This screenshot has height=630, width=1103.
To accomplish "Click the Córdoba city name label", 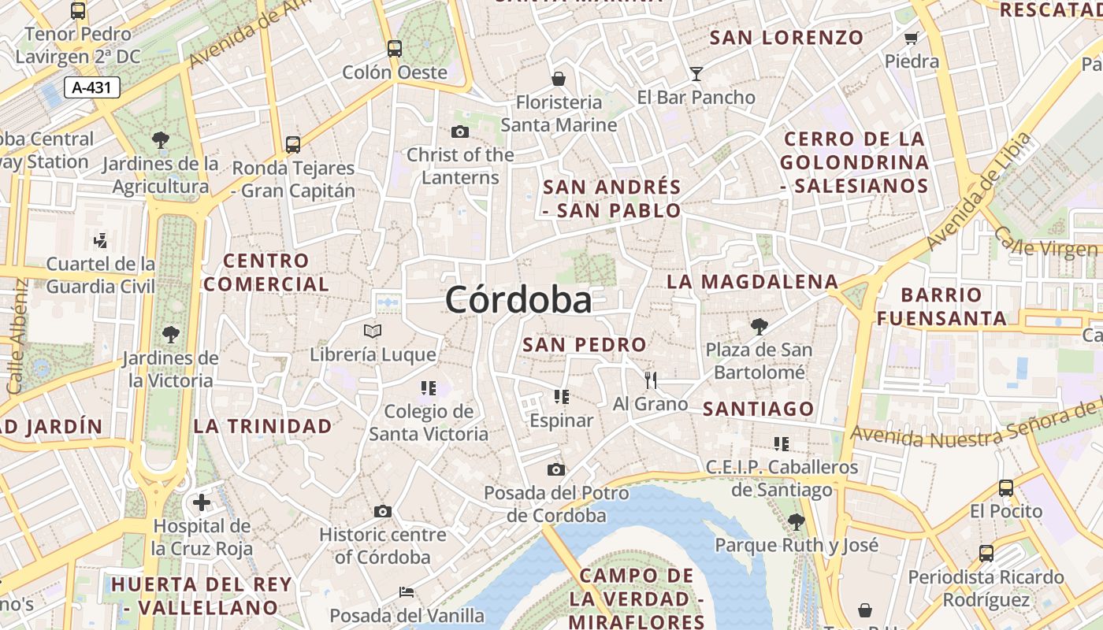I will (x=518, y=300).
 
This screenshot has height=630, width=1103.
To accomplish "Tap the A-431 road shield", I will (x=91, y=87).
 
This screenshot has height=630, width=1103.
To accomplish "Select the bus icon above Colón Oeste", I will (x=395, y=49).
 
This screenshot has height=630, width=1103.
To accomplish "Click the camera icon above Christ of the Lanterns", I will (x=460, y=132).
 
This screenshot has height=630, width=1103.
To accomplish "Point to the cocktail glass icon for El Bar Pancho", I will (x=696, y=74).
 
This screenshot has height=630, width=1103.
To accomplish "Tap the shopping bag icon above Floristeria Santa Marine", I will (x=559, y=79).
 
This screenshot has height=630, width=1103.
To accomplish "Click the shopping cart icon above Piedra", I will (x=912, y=38).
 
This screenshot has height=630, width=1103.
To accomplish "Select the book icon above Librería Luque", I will (x=373, y=332).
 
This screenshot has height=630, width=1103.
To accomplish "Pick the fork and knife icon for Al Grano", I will (x=651, y=380).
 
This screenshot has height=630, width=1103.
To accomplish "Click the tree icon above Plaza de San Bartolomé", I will (x=759, y=326).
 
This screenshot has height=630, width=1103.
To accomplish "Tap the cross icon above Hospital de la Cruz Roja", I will (x=202, y=502).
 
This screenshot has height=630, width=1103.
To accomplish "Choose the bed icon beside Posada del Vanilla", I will (x=407, y=592).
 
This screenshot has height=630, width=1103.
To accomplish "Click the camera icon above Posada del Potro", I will (x=556, y=470).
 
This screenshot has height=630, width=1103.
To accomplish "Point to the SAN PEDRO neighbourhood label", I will (x=585, y=344).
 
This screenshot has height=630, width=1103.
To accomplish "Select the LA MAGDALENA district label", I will (x=752, y=281).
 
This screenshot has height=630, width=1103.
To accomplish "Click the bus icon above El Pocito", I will (x=1006, y=488).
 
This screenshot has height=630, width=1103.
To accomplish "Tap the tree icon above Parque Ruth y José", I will (x=796, y=521).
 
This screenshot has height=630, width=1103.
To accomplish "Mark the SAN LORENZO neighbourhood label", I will (x=786, y=37).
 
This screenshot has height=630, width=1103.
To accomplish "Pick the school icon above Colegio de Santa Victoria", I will (x=429, y=387).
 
